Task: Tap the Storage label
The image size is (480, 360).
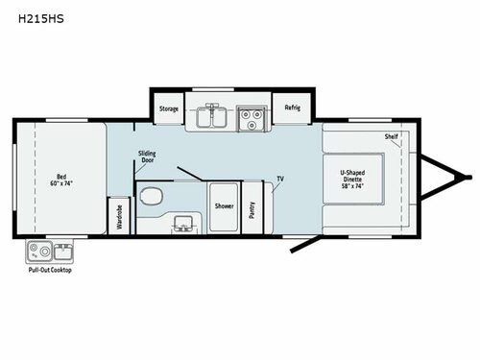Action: (x=169, y=108)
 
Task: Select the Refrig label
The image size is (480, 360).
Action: (x=292, y=108)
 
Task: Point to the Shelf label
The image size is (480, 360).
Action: (x=391, y=136)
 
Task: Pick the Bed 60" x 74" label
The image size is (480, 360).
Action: (x=61, y=180)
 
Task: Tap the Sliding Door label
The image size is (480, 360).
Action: (x=147, y=157)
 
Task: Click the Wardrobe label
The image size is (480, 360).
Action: (x=119, y=216)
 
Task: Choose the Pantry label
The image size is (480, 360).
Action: (x=252, y=205)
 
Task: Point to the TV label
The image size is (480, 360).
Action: (x=279, y=179)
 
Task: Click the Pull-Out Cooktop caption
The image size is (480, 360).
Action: (x=50, y=270)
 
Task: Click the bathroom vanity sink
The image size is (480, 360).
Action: (x=180, y=227)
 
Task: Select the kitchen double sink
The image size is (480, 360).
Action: (x=212, y=116)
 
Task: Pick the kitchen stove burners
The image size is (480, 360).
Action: (x=251, y=116)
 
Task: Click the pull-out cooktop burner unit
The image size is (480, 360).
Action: (x=37, y=252)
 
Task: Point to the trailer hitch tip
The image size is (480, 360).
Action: (x=469, y=177)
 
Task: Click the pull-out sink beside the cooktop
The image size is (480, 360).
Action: (x=61, y=252)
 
